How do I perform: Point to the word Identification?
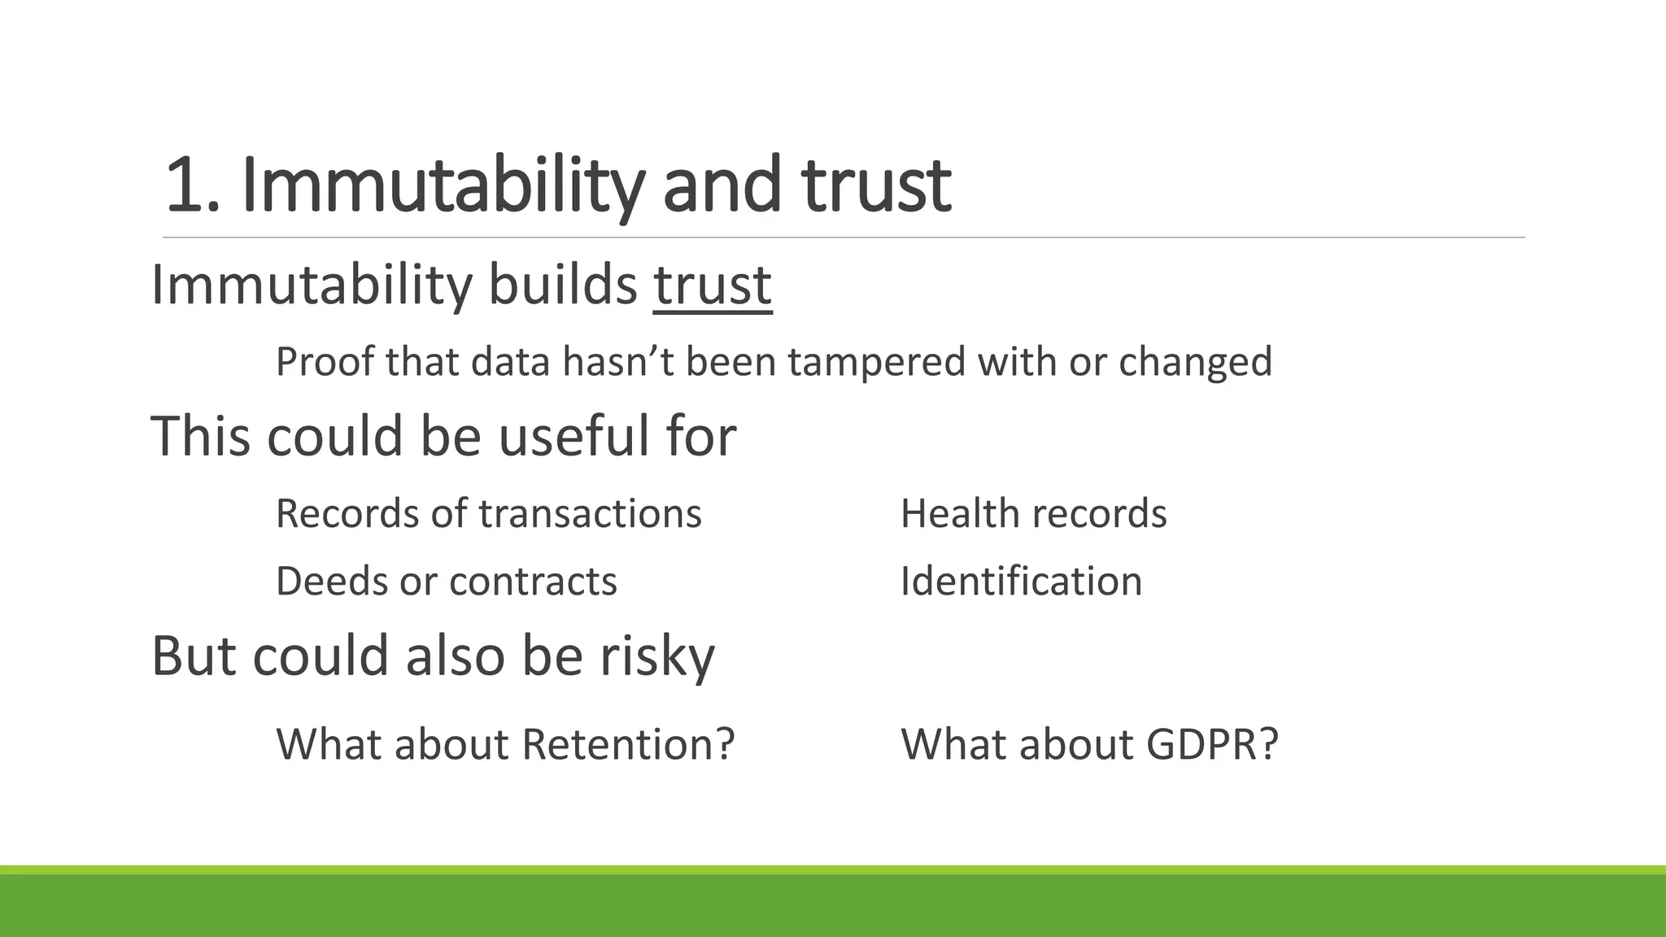[x=1021, y=582]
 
